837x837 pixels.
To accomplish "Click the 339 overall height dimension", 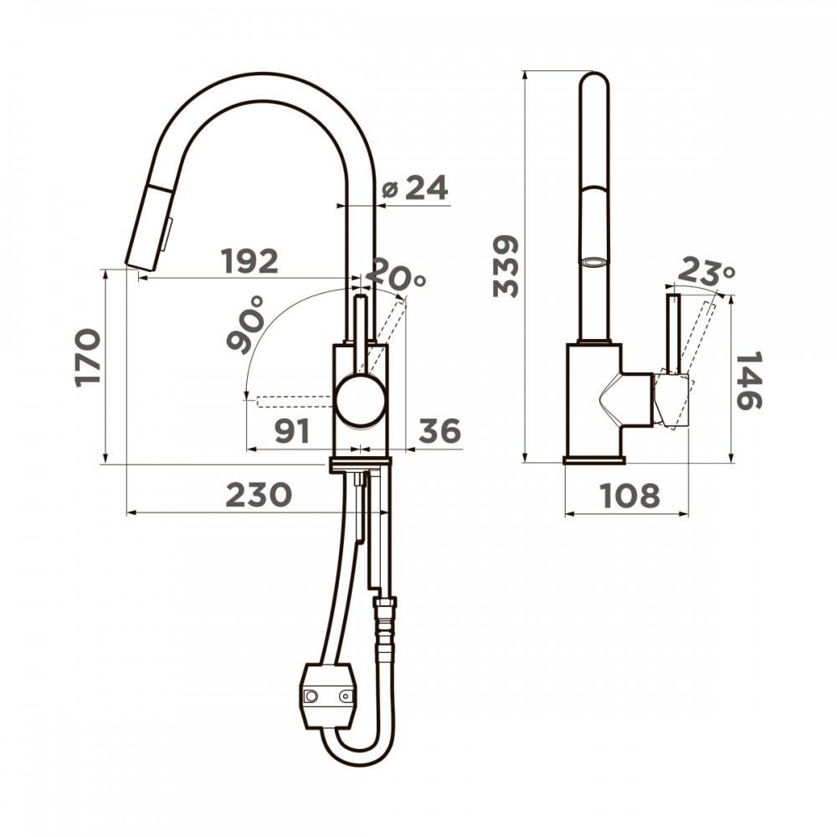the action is (x=506, y=266).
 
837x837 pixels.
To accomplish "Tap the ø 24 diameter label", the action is (x=415, y=187).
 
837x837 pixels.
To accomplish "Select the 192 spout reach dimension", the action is (x=250, y=261).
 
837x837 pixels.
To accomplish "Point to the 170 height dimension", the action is (x=88, y=357).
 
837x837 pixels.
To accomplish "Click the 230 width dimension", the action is (x=259, y=495).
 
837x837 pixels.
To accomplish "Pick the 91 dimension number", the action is (x=292, y=431).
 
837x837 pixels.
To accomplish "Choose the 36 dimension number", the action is (x=439, y=430).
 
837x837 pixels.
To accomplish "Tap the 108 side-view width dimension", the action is (x=630, y=496).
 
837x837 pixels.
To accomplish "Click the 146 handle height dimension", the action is (x=748, y=381).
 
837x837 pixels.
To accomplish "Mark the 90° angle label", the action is (x=245, y=325).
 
